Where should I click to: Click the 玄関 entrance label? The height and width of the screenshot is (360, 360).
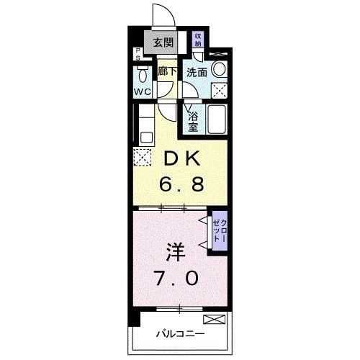[163, 43]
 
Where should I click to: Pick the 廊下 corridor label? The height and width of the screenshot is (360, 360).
[168, 71]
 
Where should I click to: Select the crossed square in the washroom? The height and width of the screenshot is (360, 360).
[219, 89]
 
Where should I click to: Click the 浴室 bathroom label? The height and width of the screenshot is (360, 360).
[193, 120]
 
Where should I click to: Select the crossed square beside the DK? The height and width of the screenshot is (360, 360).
[140, 156]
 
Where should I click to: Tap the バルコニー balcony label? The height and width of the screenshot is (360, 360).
[180, 334]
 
